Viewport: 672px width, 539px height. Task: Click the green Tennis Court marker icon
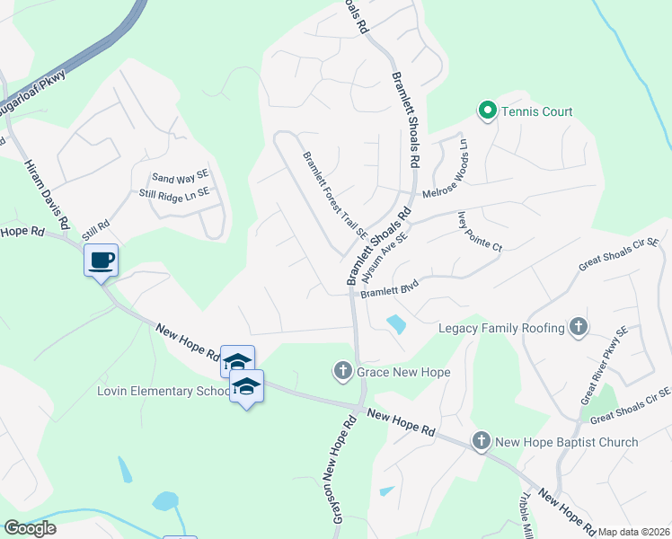coord(488,111)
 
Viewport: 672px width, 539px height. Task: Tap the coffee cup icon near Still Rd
coord(102,261)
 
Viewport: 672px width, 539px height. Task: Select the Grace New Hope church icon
coord(342,370)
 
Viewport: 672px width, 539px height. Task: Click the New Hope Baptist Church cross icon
coord(482,441)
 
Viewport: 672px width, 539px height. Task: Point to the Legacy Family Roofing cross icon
coord(579,328)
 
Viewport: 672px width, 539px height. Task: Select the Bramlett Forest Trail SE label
coord(335,194)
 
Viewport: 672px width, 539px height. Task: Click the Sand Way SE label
coord(180,179)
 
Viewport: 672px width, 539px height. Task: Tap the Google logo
coord(30,528)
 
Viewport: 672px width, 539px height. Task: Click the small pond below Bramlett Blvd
coord(394,323)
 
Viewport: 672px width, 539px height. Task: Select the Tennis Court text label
coord(537,111)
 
